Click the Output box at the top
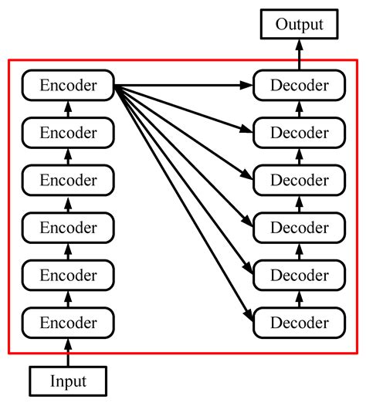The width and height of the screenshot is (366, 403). tap(298, 25)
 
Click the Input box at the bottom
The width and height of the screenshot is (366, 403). tap(68, 381)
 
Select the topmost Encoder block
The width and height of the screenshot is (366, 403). tap(68, 86)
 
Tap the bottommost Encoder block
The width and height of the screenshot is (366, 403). tap(68, 320)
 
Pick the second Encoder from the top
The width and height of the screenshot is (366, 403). tap(68, 133)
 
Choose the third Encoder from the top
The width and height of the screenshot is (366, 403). tap(68, 180)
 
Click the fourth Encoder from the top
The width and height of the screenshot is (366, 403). tap(68, 227)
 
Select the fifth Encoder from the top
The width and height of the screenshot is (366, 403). tap(68, 274)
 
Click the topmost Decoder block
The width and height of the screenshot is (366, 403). tap(298, 86)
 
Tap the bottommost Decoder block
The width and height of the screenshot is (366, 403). tap(298, 320)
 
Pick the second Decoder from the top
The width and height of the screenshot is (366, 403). tap(298, 133)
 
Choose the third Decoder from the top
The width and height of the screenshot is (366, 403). tap(298, 180)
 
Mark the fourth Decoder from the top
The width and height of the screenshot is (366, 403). tap(298, 227)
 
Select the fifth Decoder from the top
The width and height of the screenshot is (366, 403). tap(298, 274)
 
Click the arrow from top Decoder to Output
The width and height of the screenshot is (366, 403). tap(298, 56)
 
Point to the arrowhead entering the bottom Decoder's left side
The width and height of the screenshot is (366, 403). tap(249, 316)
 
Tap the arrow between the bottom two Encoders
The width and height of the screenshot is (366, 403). tap(68, 297)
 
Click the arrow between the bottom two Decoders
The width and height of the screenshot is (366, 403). tap(298, 297)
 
